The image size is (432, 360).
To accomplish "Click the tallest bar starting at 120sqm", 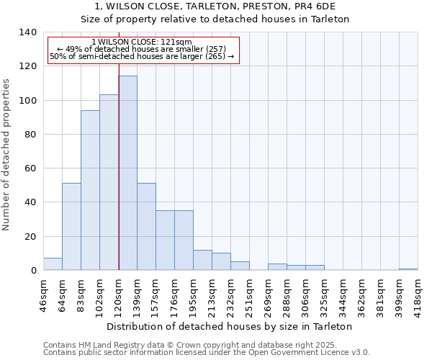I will coord(127,173).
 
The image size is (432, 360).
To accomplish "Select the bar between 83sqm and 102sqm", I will coord(90,190).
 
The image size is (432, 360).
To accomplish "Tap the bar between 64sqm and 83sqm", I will coord(71,227).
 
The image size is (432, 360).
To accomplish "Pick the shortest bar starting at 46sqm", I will coord(53,264).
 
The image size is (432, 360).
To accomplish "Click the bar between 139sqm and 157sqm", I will coord(146,227).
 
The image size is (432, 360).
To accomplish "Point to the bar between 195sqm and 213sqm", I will coord(202,260).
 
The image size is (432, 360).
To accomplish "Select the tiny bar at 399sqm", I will coord(408,269).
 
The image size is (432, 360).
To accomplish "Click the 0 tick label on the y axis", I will coord(33,271).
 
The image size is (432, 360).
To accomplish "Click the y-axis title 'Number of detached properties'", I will coord(7,156).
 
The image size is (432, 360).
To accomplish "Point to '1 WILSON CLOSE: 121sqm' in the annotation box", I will coord(142,42).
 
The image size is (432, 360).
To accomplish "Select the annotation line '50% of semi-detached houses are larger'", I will coord(142,56).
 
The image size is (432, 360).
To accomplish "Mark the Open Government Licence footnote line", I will coord(207,353).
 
